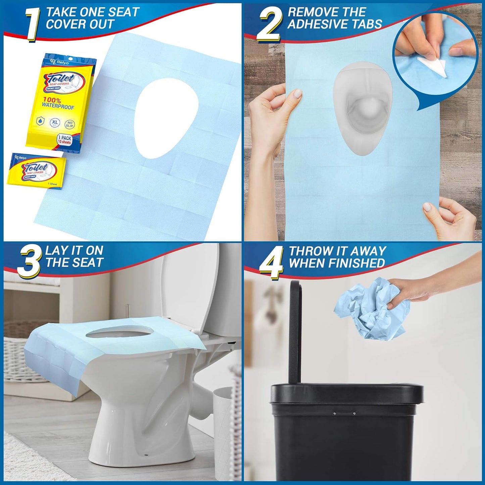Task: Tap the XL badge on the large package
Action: (55, 123)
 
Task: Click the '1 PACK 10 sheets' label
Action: (64, 140)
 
